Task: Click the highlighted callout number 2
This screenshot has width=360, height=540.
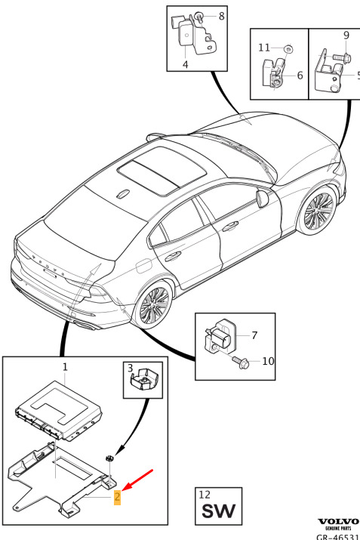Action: (118, 497)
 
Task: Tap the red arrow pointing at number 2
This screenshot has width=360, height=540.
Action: (137, 480)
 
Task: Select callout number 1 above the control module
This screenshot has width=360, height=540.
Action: (65, 367)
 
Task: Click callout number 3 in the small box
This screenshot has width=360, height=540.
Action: (130, 368)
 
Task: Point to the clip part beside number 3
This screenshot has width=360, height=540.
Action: (144, 379)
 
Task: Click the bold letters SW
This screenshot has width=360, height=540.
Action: (219, 511)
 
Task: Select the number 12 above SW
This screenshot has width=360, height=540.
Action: (204, 495)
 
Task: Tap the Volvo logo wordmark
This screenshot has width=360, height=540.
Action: (338, 522)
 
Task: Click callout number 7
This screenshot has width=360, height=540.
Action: (254, 335)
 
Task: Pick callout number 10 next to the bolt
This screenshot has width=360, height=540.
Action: (268, 361)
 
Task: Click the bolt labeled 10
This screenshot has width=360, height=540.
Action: (240, 362)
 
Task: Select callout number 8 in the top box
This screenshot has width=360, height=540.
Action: (221, 16)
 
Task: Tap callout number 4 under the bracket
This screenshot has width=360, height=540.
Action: (185, 64)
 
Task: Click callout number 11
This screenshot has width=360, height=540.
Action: (263, 48)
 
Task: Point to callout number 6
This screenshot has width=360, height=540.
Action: (300, 75)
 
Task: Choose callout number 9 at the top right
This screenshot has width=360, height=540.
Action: (346, 35)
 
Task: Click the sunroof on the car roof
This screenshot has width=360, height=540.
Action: (162, 171)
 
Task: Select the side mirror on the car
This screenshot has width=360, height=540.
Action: (262, 199)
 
